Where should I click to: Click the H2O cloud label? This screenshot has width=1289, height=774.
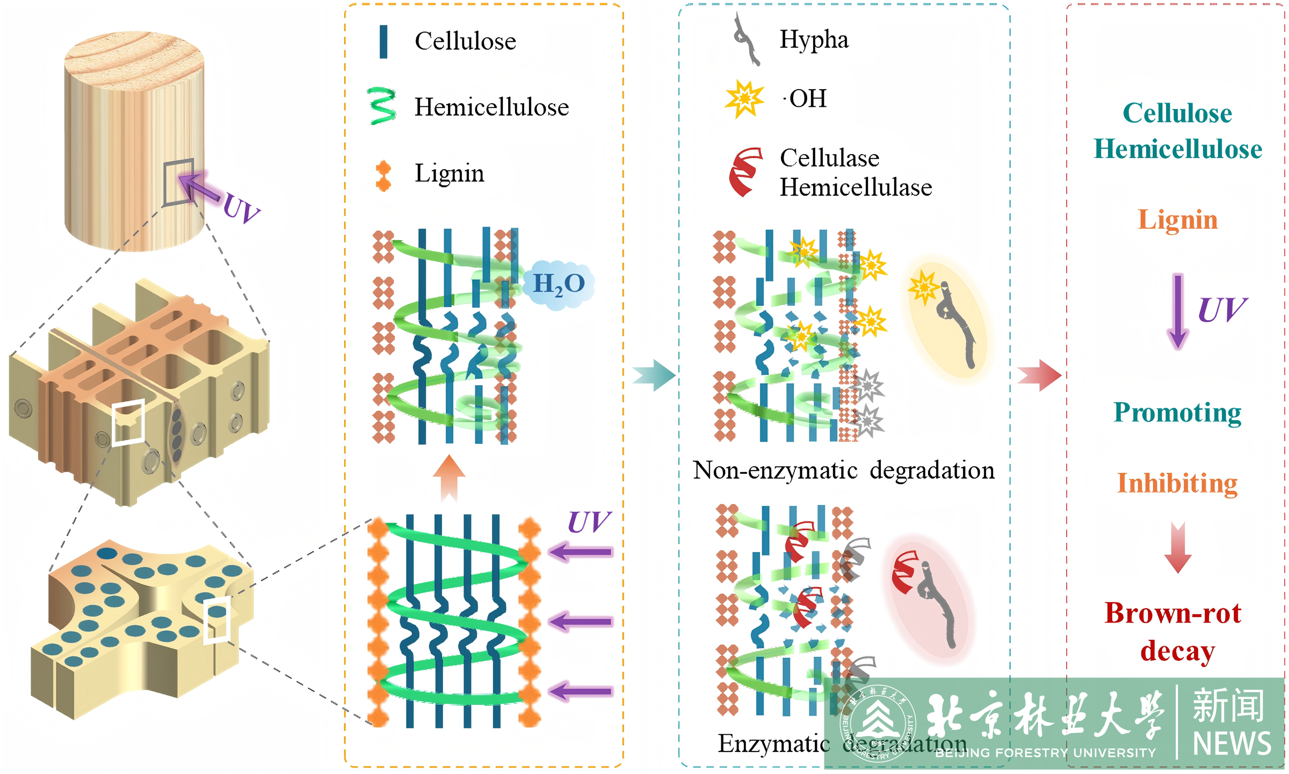[x=559, y=284]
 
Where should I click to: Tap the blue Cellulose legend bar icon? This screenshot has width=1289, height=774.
[x=383, y=41]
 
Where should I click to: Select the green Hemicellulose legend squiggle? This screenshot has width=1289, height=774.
[x=382, y=106]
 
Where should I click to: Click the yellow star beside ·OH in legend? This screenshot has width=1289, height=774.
[x=744, y=99]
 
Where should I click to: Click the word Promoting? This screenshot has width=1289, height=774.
[x=1177, y=413]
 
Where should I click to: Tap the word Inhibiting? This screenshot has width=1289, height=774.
[x=1177, y=483]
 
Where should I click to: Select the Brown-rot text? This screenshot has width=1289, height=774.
[x=1173, y=613]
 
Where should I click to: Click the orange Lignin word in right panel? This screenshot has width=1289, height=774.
[x=1177, y=220]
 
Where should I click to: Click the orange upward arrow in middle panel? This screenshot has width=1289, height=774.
[x=449, y=478]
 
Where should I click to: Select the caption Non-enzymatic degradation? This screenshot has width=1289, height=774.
[x=844, y=471]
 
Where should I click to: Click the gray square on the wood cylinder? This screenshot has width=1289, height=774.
[x=179, y=182]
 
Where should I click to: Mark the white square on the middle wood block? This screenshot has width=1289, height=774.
[x=128, y=423]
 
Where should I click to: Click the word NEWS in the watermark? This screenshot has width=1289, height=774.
[x=1232, y=744]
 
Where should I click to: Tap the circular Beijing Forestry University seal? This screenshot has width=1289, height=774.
[x=878, y=724]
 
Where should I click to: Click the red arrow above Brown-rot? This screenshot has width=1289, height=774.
[x=1178, y=547]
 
